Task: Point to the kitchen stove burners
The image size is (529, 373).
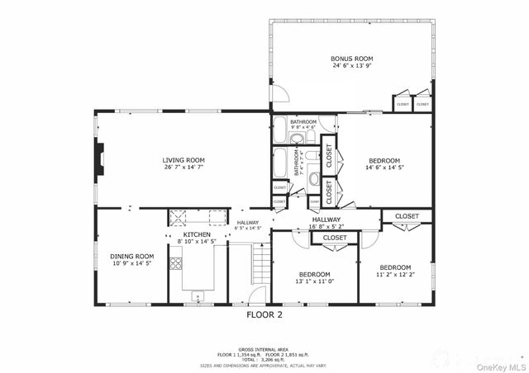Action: pos(175,263)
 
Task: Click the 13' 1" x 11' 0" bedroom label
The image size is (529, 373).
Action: pos(314,278)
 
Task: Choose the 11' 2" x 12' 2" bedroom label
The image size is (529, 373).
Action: pos(395,271)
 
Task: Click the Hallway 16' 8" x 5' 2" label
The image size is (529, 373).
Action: pos(326,222)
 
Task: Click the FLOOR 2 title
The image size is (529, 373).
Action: pos(264,314)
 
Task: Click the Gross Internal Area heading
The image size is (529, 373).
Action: pos(264,350)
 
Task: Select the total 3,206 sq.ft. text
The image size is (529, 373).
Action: pos(264,360)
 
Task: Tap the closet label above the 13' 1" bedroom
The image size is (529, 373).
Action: pos(335,238)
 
